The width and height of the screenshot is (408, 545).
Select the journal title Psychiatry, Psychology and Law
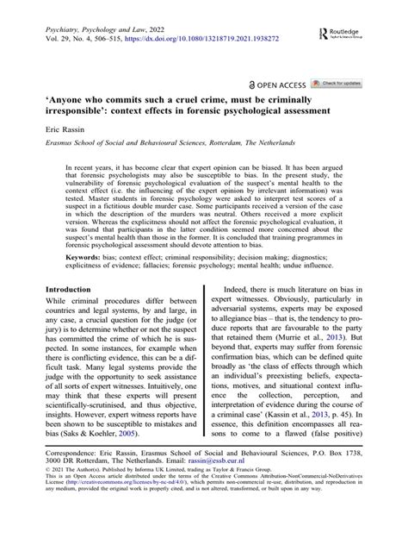(x=95, y=27)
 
